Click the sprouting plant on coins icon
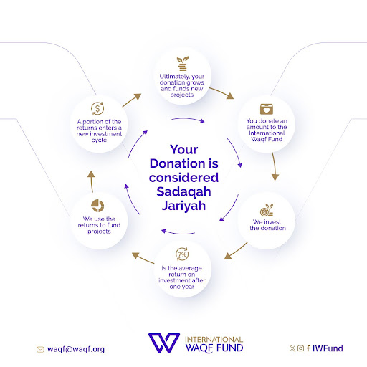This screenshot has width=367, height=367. tap(183, 64)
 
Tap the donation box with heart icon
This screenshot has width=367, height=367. tap(267, 109)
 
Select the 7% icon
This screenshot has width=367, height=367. tap(182, 254)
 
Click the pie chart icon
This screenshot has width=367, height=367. tap(97, 206)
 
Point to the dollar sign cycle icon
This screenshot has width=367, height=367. tap(97, 108)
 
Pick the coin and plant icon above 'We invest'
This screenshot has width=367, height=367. tap(267, 210)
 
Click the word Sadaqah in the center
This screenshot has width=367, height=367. tap(183, 191)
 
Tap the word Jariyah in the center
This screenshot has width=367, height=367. tap(183, 206)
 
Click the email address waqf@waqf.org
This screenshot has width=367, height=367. tap(76, 349)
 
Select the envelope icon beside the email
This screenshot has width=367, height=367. tap(40, 350)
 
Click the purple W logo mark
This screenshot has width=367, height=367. tap(164, 343)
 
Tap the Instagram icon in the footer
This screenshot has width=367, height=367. tap(300, 348)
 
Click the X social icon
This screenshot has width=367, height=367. tap(292, 348)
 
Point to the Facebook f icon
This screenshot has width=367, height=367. tap(308, 348)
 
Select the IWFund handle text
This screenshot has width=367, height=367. tap(328, 348)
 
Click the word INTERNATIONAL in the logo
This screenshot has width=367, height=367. tap(214, 340)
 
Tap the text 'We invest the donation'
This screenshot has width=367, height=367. tap(267, 225)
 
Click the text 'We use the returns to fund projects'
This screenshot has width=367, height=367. tap(99, 225)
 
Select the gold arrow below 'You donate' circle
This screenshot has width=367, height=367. tap(275, 166)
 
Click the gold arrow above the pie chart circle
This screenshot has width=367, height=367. tap(91, 181)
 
